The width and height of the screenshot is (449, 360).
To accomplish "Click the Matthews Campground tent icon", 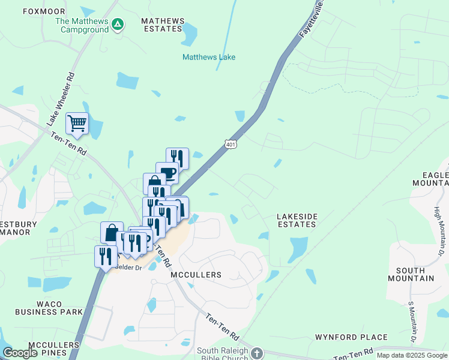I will [x=118, y=24].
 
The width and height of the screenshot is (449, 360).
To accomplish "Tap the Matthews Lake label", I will [x=209, y=57].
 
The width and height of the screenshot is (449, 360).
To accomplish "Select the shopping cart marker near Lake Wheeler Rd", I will [x=77, y=124].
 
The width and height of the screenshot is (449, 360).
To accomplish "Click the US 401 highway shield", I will [x=231, y=144].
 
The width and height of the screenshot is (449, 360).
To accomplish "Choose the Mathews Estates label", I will [x=161, y=25].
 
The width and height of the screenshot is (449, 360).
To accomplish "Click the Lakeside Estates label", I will [x=296, y=220].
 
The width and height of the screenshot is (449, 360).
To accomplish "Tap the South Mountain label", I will [x=411, y=274].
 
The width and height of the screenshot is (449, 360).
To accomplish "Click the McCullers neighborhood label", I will [x=196, y=274].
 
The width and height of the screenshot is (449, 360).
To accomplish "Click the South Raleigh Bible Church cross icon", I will [x=257, y=352].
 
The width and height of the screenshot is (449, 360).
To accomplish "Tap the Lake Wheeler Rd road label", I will [x=62, y=95].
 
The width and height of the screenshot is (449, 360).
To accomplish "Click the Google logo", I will [x=21, y=353].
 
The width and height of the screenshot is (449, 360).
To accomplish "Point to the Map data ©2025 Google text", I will [x=411, y=355].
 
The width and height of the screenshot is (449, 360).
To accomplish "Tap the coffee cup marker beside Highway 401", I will [x=167, y=173].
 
